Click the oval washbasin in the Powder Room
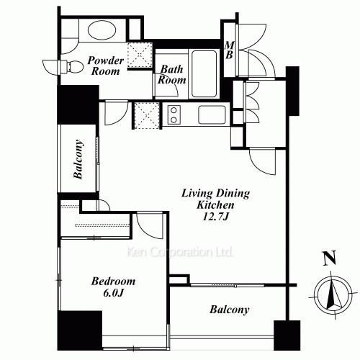click(104, 30)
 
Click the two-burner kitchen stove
click(174, 114)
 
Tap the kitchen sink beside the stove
click(211, 114)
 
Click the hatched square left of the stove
click(146, 114)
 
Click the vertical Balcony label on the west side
click(78, 159)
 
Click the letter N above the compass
click(328, 258)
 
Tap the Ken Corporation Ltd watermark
click(179, 253)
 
